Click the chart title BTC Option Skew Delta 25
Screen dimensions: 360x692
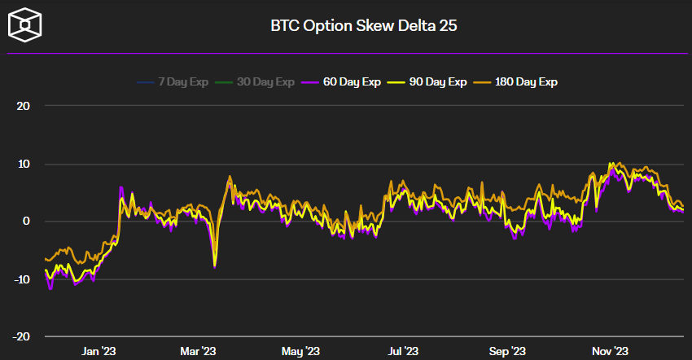[363, 25]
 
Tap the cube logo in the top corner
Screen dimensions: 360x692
[26, 25]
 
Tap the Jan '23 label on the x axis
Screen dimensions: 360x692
[99, 351]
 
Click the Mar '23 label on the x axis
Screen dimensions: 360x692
[198, 351]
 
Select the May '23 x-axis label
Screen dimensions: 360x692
[300, 351]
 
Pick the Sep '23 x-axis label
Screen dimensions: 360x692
[507, 351]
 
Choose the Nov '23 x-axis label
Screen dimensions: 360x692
[609, 351]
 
